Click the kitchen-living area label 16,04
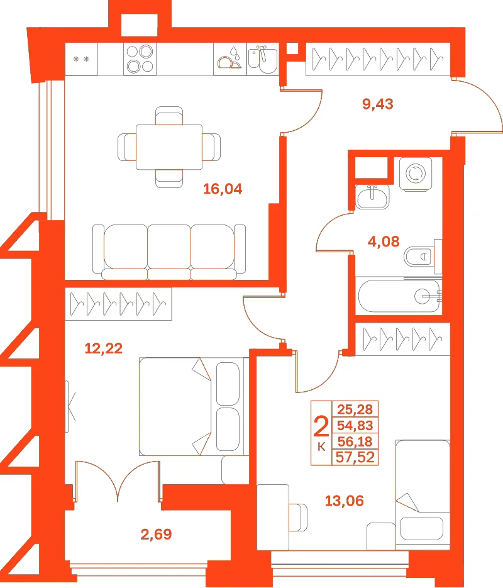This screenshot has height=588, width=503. (x=223, y=189)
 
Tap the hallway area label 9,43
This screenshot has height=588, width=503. (x=378, y=104)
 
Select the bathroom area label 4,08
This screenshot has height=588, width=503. (x=384, y=241)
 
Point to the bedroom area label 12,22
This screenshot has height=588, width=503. (x=104, y=348)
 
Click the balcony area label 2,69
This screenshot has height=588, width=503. (x=157, y=534)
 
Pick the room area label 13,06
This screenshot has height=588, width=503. (x=344, y=501)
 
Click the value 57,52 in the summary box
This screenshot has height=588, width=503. (x=355, y=457)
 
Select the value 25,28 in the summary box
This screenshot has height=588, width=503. (x=355, y=409)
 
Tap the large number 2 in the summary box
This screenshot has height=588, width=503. (x=321, y=426)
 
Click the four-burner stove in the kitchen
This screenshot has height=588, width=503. (x=140, y=59)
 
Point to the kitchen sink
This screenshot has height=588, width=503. (x=263, y=59)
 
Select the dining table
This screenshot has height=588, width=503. (x=169, y=147)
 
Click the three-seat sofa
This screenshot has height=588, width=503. (x=169, y=252)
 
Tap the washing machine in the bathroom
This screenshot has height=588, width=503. (x=416, y=174)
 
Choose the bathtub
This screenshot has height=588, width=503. (x=399, y=296)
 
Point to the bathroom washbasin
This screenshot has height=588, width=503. (x=372, y=196)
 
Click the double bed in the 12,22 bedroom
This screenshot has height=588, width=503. (x=194, y=406)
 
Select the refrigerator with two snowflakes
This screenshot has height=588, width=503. (x=81, y=59)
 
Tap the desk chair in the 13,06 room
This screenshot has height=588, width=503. (x=298, y=518)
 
